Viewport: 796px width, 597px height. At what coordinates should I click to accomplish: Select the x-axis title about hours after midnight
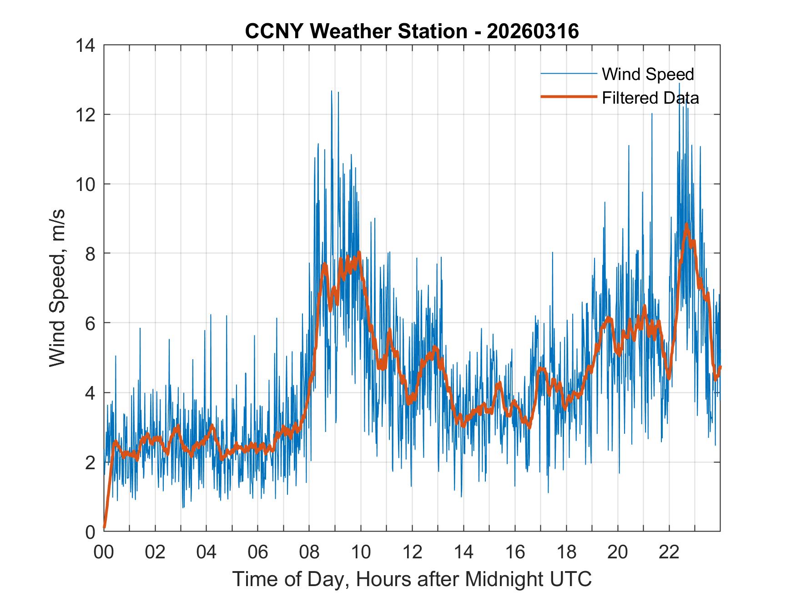click(x=412, y=579)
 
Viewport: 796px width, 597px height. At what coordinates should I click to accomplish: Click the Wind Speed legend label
click(x=648, y=74)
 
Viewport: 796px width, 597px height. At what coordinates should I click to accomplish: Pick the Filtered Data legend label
click(x=650, y=98)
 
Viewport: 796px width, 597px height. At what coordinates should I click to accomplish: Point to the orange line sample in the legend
click(x=569, y=97)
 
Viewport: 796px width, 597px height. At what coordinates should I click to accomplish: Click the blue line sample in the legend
click(x=569, y=74)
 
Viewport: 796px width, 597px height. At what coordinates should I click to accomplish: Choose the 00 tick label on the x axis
click(x=104, y=552)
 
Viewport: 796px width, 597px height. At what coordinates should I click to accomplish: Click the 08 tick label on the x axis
click(x=309, y=552)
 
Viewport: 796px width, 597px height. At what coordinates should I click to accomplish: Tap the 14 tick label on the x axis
click(x=463, y=552)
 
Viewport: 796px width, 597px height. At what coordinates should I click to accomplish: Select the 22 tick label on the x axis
click(x=669, y=552)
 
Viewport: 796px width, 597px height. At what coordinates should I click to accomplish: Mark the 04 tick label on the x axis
click(x=207, y=552)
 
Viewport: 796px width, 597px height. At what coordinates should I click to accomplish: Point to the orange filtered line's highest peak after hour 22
click(x=686, y=225)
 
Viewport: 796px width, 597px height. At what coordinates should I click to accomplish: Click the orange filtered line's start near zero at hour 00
click(x=105, y=527)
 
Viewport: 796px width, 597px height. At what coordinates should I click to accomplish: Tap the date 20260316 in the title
click(x=533, y=31)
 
